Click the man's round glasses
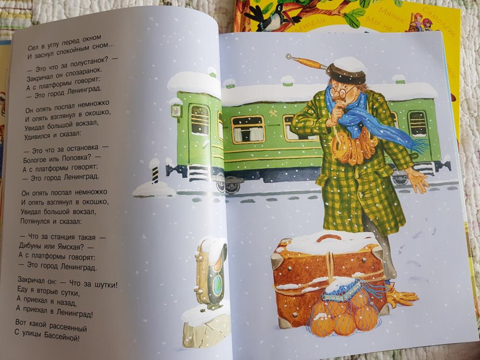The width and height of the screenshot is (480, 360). click(x=340, y=92)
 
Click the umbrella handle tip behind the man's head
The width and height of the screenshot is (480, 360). click(x=288, y=56)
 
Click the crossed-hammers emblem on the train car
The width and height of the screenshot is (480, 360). click(x=273, y=113)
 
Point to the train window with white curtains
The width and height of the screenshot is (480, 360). click(x=248, y=129)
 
